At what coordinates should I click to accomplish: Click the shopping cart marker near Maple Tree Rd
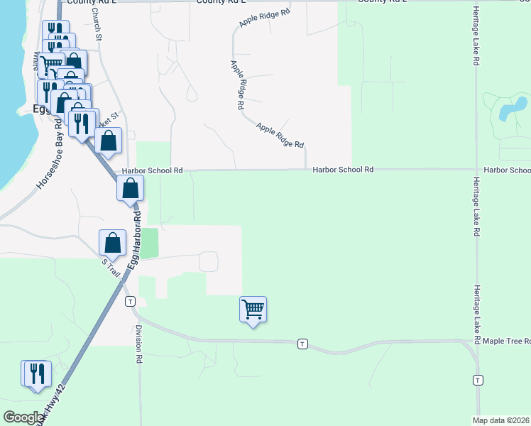coord(253,310)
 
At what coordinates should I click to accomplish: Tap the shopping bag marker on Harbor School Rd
coord(130,189)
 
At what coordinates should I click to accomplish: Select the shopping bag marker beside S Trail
coord(112,244)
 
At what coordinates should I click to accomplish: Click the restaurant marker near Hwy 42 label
coord(38,373)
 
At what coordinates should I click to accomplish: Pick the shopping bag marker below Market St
coord(109,141)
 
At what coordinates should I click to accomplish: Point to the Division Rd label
coord(139,345)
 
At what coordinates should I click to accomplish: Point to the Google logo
coord(23,417)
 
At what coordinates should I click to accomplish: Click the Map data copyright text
coord(500,420)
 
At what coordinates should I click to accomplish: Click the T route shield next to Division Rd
coord(130,301)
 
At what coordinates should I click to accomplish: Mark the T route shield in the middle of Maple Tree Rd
coord(302,344)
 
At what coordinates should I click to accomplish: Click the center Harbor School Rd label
coord(343,170)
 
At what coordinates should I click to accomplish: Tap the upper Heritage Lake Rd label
coord(476,37)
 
